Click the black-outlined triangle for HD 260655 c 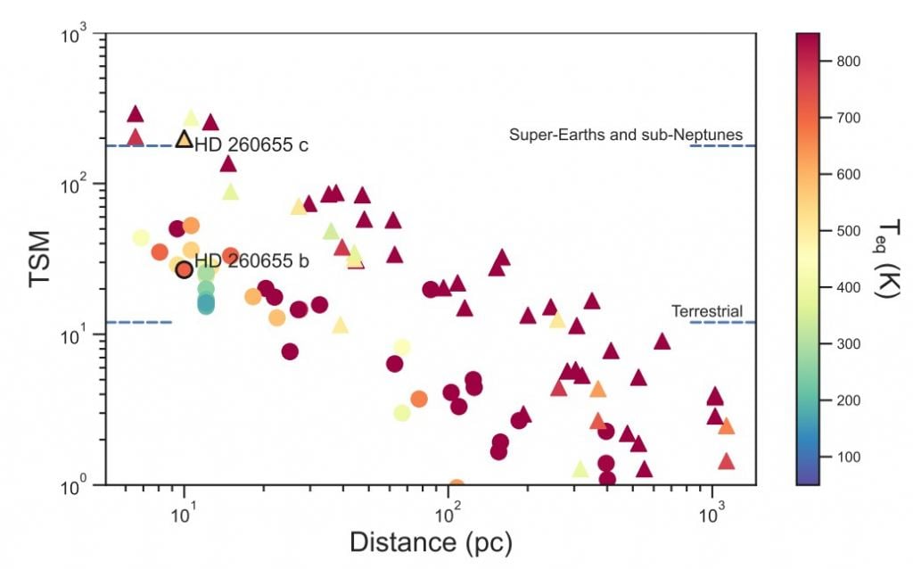(x=184, y=140)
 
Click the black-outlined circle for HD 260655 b (x=185, y=269)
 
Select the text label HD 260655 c (x=251, y=145)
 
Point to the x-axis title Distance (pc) (x=431, y=541)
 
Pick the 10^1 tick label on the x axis (x=184, y=509)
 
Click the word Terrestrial (x=707, y=311)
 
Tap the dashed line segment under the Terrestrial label (x=722, y=322)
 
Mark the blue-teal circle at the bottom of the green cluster (x=206, y=305)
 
